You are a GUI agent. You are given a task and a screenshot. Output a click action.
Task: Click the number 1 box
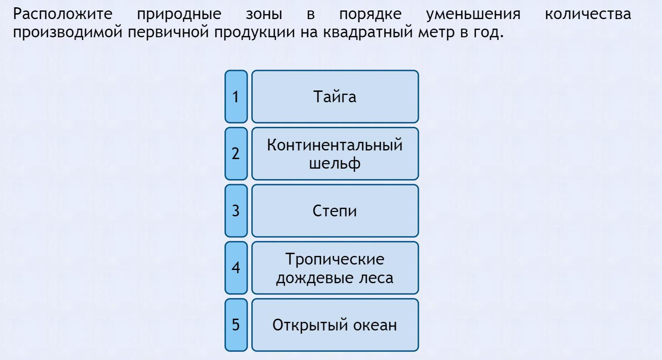pyautogui.click(x=236, y=96)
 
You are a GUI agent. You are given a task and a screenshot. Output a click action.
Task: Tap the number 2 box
pyautogui.click(x=236, y=153)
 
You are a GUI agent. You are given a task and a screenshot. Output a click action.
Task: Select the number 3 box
pyautogui.click(x=236, y=211)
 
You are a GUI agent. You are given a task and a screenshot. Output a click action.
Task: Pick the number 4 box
pyautogui.click(x=236, y=268)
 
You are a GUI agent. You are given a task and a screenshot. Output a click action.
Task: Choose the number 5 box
pyautogui.click(x=236, y=325)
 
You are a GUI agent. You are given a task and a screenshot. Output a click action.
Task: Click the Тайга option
pyautogui.click(x=335, y=96)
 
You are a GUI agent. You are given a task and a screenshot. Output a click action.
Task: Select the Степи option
pyautogui.click(x=335, y=211)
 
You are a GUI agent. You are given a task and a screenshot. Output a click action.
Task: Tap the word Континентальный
pyautogui.click(x=335, y=145)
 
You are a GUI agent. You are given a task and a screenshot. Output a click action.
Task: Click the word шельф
pyautogui.click(x=335, y=164)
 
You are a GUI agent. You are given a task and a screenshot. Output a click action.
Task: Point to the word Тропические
pyautogui.click(x=335, y=259)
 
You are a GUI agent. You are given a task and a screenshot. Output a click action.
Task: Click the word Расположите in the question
pyautogui.click(x=63, y=14)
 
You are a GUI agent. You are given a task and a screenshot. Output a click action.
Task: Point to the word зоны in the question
pyautogui.click(x=264, y=15)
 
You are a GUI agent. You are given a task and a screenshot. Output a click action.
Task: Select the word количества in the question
pyautogui.click(x=588, y=15)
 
